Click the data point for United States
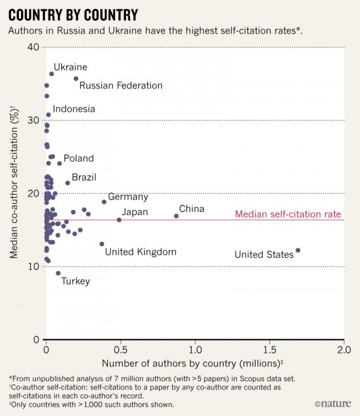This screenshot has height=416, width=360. [x=298, y=250]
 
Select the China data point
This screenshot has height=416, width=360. [x=176, y=216]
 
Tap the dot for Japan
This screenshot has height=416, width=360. [x=119, y=220]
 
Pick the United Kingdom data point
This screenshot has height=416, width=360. [x=102, y=244]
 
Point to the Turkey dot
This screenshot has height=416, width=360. [x=58, y=273]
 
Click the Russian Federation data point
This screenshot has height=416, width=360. [x=76, y=79]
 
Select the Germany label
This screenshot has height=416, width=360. [x=128, y=197]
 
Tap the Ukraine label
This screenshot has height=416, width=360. [x=70, y=67]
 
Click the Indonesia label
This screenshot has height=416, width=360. [x=74, y=109]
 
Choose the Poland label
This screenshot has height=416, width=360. [x=79, y=158]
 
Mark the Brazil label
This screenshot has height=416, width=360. [x=84, y=177]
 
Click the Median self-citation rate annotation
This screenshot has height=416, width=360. [x=288, y=214]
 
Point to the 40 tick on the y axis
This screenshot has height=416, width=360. [x=34, y=47]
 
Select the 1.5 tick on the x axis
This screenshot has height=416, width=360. [x=269, y=350]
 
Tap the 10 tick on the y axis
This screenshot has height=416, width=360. [x=34, y=266]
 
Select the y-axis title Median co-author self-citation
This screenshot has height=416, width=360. [x=15, y=193]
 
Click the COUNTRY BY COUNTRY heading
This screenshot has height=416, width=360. [x=73, y=14]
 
